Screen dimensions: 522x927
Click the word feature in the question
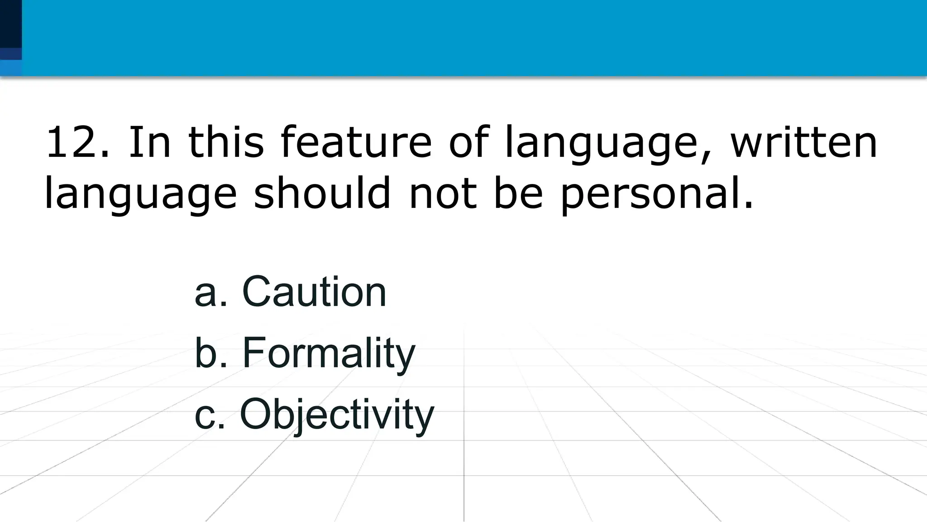click(356, 143)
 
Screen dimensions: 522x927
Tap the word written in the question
click(804, 143)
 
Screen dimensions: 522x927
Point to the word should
click(322, 193)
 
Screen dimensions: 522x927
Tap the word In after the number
click(150, 143)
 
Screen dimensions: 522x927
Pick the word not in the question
click(442, 194)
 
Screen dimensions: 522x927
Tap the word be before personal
click(518, 193)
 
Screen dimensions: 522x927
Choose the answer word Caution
click(314, 292)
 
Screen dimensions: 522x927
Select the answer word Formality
click(328, 353)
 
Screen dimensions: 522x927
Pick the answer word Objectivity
click(337, 415)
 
